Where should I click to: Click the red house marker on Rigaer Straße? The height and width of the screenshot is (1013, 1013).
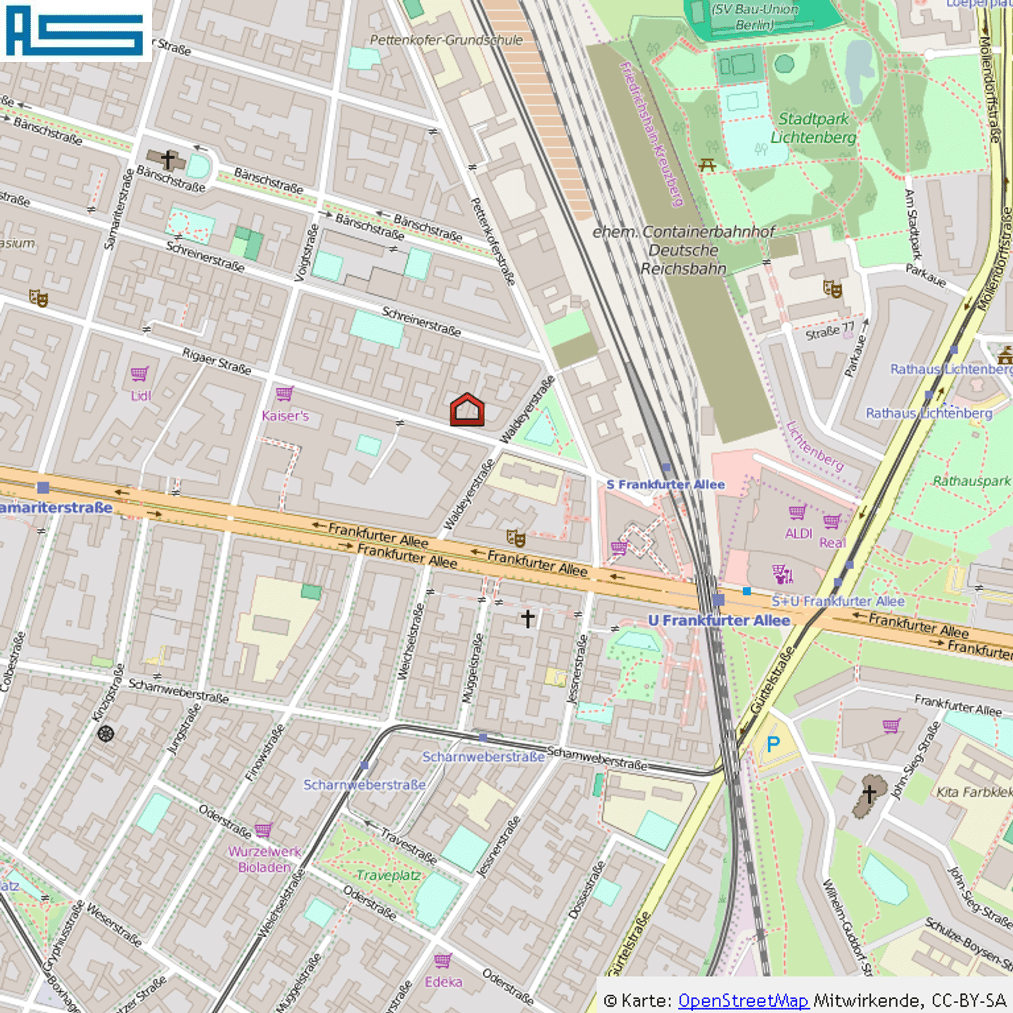click(467, 410)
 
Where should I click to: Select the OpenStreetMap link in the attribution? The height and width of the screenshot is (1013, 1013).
click(743, 1000)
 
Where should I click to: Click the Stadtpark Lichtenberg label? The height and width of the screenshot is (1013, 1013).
click(813, 128)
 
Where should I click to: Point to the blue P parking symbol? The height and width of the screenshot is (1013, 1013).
click(773, 744)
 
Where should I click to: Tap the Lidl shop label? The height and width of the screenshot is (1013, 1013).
click(141, 396)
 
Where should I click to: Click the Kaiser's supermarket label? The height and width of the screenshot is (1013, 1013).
click(285, 416)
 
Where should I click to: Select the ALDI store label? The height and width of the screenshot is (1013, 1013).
click(798, 534)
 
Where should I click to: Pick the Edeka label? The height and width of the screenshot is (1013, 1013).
click(443, 982)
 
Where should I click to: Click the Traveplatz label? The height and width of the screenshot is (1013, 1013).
click(388, 875)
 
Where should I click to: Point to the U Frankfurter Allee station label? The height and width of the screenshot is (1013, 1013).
click(719, 620)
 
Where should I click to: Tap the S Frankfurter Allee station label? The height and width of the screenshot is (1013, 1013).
click(665, 485)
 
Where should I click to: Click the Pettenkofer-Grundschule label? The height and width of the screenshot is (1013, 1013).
click(446, 40)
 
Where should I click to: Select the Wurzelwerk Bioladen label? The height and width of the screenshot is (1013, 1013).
click(265, 859)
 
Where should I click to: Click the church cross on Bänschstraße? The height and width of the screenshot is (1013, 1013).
click(167, 160)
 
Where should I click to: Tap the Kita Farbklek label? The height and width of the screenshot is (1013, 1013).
click(974, 792)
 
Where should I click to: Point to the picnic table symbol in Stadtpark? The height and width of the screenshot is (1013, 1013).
click(707, 165)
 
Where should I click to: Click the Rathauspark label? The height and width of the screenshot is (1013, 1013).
click(971, 481)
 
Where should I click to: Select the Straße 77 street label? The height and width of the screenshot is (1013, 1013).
click(830, 331)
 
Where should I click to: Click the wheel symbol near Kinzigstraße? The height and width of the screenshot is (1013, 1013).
click(106, 734)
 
